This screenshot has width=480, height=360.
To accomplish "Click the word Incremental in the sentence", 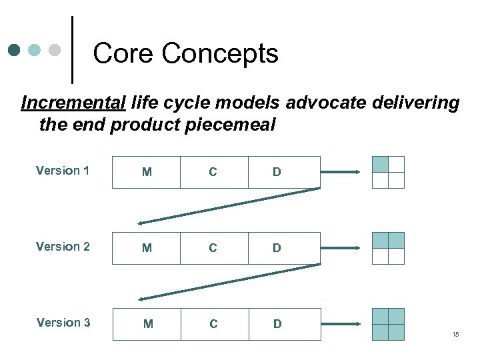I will click(73, 103).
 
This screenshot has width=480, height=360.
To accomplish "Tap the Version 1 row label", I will click(63, 171).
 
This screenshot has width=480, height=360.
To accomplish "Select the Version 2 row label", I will click(63, 247).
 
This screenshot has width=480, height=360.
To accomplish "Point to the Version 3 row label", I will click(63, 323).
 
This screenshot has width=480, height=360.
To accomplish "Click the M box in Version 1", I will click(147, 172).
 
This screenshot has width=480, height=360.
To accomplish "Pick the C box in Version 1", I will click(213, 172).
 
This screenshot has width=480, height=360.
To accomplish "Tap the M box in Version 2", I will click(147, 248).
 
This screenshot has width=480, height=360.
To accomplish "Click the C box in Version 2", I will click(213, 248).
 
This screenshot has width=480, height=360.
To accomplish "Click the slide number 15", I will click(455, 334).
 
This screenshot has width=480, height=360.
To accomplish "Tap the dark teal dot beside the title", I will click(15, 50).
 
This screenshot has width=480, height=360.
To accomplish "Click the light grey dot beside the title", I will click(55, 50).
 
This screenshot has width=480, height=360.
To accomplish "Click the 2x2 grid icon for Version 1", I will click(388, 172).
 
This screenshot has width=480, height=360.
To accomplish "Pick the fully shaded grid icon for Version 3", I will click(388, 324).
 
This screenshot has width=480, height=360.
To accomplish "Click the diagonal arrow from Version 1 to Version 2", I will click(229, 206).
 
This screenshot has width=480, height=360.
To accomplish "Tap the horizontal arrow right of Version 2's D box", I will click(341, 248).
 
